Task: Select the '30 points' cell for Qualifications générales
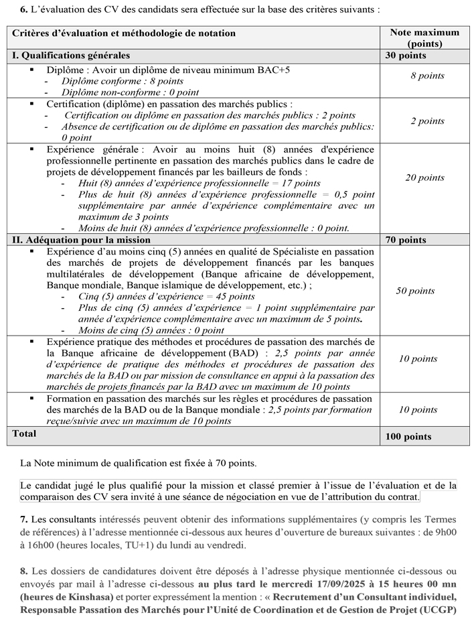tap(406, 56)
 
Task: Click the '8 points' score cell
tap(427, 76)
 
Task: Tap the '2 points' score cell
tap(427, 121)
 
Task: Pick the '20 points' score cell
tap(424, 178)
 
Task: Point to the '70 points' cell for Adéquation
tap(406, 240)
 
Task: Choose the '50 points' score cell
tap(415, 291)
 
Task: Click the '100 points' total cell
tap(408, 437)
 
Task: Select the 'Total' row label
tap(25, 433)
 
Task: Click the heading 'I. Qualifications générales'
tap(71, 56)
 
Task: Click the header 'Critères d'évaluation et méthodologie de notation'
tap(125, 33)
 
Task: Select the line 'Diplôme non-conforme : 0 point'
tap(130, 92)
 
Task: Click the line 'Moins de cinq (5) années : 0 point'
tap(151, 330)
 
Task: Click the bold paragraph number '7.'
tap(24, 520)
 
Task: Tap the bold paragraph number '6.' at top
tap(24, 10)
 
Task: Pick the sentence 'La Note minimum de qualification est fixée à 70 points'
tap(138, 463)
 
